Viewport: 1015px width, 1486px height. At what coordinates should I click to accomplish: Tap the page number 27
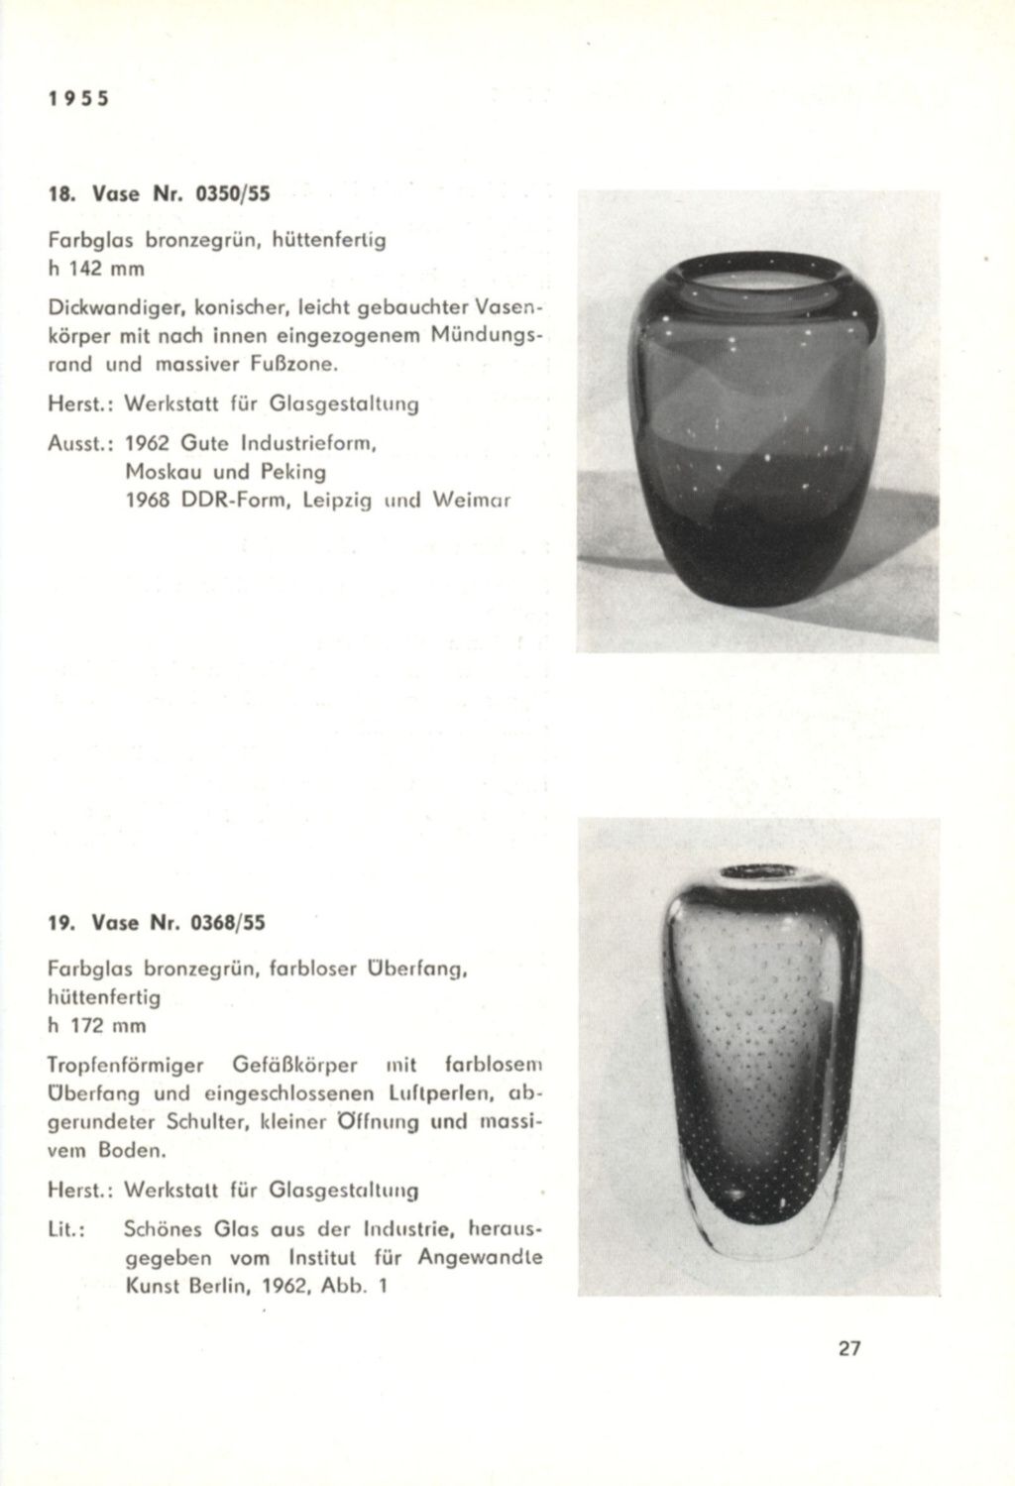click(x=847, y=1349)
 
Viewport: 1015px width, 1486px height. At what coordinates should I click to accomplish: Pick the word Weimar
click(x=471, y=501)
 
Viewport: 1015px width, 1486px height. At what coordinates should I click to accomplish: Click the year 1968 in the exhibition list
click(x=151, y=501)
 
